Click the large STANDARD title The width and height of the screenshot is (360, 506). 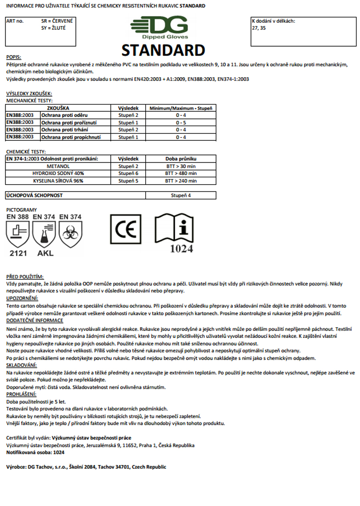(x=163, y=51)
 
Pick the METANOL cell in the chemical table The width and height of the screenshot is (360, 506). (x=58, y=166)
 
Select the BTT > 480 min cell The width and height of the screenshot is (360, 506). (x=181, y=173)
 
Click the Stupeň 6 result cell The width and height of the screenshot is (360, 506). (x=128, y=173)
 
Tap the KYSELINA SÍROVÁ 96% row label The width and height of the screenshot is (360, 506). (x=58, y=181)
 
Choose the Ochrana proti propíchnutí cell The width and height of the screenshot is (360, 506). (x=71, y=137)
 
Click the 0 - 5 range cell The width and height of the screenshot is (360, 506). (x=181, y=123)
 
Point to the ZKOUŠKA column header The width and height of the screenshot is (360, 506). (x=58, y=108)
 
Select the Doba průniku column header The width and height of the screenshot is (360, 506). (x=181, y=159)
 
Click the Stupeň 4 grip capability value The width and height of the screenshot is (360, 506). (x=181, y=195)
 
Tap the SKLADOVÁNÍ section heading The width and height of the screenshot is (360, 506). (x=22, y=365)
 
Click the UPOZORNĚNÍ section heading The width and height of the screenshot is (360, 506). (x=22, y=298)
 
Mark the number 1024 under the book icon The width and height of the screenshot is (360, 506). (x=181, y=249)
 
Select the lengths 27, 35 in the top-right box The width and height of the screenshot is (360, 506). (x=258, y=28)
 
